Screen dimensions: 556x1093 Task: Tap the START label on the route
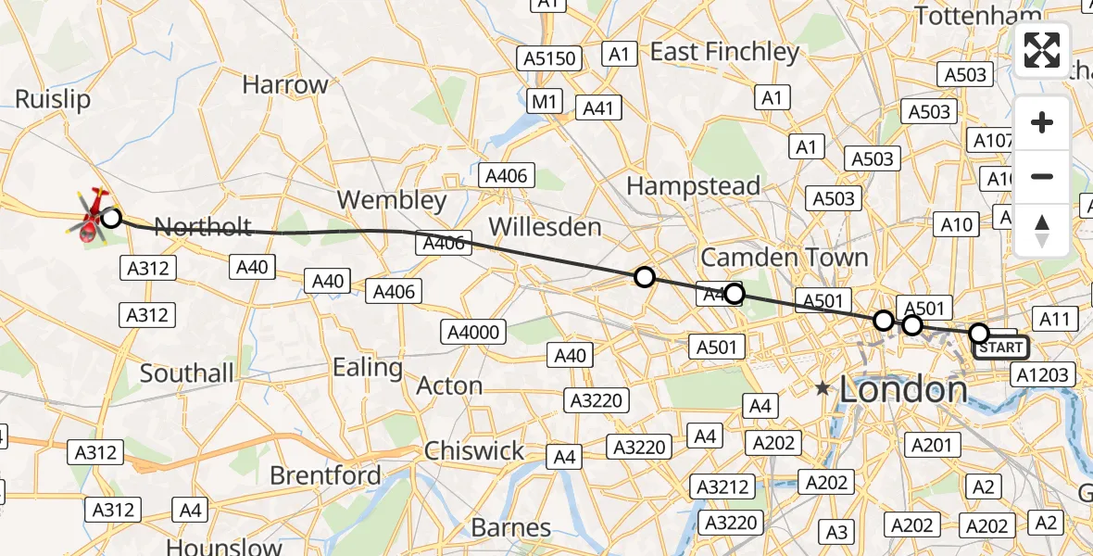(x=1000, y=347)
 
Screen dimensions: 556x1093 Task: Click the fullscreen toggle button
(x=1042, y=50)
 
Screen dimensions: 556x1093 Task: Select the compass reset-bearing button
(x=1042, y=231)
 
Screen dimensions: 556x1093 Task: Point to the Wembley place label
(x=392, y=200)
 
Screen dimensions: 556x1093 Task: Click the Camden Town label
(x=784, y=257)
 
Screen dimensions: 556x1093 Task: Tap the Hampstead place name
(x=693, y=186)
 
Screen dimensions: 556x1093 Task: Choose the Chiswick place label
(x=474, y=451)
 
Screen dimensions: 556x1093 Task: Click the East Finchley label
(x=724, y=52)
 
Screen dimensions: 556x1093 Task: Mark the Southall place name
(x=187, y=373)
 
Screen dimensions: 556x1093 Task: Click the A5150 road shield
(x=549, y=59)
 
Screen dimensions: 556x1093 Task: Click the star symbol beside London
(x=823, y=389)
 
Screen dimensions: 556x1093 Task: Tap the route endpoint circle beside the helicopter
(x=111, y=218)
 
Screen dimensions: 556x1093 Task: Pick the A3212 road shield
(x=722, y=486)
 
